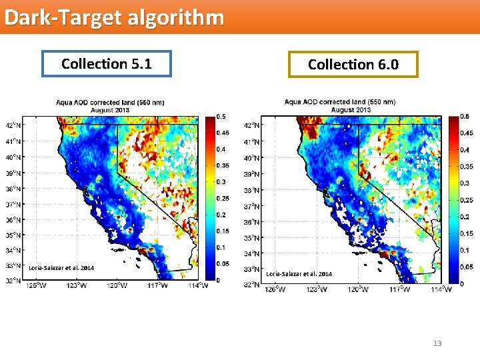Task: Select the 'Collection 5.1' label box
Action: [x=106, y=64]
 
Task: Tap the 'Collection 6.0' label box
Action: [x=353, y=65]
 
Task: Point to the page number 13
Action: [x=437, y=343]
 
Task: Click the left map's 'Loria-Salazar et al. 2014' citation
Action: [x=61, y=267]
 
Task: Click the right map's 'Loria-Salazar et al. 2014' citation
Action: [x=299, y=274]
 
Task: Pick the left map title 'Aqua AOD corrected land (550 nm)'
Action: [x=110, y=103]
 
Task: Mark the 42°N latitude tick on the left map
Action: [x=13, y=125]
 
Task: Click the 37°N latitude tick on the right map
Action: [x=251, y=206]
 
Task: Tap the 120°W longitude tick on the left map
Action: [x=117, y=286]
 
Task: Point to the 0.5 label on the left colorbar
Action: [x=219, y=117]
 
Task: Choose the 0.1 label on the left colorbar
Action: [x=220, y=247]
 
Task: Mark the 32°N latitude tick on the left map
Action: [x=13, y=281]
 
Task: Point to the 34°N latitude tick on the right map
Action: [x=251, y=254]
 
